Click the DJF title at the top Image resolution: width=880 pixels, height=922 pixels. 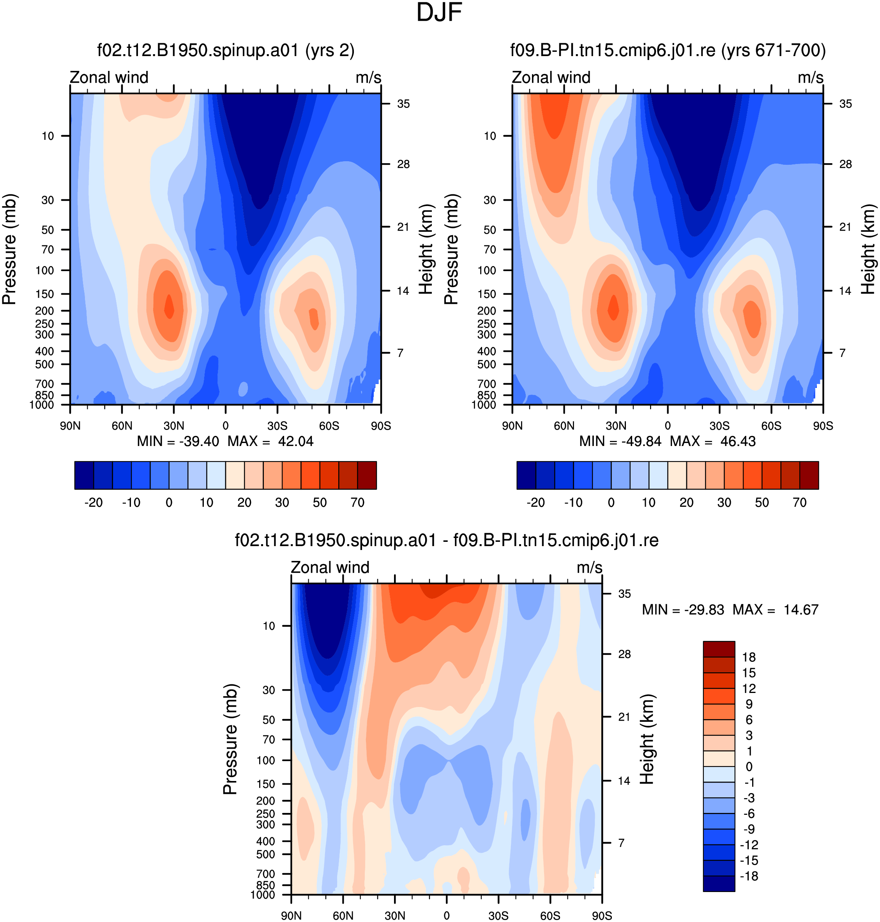[x=439, y=12]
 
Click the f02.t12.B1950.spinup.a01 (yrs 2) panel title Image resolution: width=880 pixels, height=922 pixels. [x=226, y=50]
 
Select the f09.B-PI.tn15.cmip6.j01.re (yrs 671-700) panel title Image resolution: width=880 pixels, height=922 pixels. [x=668, y=50]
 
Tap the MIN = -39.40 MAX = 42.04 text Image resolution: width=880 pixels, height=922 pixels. [x=225, y=441]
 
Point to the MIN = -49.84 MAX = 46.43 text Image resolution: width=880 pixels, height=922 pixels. [x=668, y=441]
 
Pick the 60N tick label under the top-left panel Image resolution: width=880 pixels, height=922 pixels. [x=122, y=426]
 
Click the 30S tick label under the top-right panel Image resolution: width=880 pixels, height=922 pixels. [x=719, y=426]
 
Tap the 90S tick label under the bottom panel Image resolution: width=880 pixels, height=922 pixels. [x=602, y=915]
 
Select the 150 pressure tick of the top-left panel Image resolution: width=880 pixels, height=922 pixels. [x=45, y=294]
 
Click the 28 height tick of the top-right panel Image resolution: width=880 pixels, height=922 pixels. [x=845, y=164]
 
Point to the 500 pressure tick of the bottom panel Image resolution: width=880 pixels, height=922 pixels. [x=265, y=854]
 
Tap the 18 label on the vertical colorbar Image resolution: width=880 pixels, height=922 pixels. [x=749, y=657]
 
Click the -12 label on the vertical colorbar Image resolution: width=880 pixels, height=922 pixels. [x=748, y=844]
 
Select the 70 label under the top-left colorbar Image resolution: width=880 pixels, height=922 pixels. [x=357, y=502]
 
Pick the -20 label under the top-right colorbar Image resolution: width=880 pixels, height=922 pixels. [x=536, y=502]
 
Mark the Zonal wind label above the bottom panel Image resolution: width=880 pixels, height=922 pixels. [x=330, y=567]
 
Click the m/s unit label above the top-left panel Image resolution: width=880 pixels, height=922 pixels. [x=368, y=78]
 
